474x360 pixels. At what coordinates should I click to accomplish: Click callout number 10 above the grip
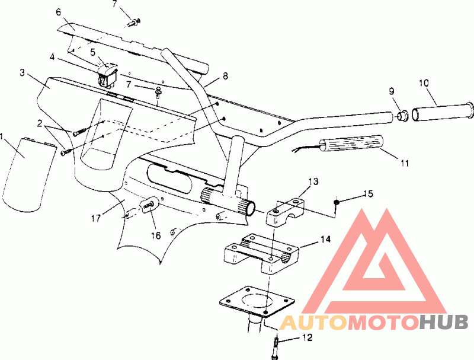[424, 83]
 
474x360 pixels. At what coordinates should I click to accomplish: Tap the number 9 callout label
[392, 91]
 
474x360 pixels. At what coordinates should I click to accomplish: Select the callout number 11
[405, 163]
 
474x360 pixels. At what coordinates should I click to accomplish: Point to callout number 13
[313, 181]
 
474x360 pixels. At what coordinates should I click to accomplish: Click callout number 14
[325, 239]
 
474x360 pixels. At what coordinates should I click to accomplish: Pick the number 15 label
[368, 193]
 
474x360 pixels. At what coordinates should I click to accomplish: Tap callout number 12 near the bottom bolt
[308, 337]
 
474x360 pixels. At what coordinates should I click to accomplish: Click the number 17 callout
[96, 218]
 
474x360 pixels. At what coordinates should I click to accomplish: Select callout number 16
[156, 235]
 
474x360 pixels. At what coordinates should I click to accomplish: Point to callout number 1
[2, 136]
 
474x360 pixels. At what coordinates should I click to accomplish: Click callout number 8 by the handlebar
[225, 76]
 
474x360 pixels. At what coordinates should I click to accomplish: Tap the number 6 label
[58, 12]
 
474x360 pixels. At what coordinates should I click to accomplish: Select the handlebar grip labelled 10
[443, 110]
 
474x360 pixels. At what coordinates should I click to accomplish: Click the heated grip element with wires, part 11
[352, 145]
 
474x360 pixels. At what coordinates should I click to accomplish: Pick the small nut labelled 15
[336, 202]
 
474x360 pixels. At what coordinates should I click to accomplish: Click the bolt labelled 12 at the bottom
[275, 348]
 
